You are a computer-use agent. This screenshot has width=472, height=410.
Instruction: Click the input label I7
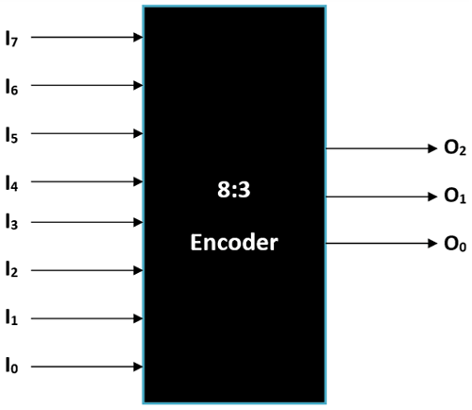[10, 39]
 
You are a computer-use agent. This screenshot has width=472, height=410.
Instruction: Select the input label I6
[10, 86]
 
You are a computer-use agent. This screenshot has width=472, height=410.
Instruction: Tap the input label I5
[10, 133]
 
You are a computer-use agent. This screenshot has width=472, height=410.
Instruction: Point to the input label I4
[10, 179]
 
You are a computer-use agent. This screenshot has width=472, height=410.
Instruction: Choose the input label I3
[10, 223]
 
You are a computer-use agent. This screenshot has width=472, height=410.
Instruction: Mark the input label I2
[10, 271]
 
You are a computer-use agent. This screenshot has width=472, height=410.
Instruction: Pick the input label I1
[10, 317]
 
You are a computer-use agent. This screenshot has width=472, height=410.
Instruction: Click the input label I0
[10, 364]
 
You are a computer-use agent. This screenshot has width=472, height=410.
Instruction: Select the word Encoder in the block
[235, 243]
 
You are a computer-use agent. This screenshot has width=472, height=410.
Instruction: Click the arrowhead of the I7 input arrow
[138, 39]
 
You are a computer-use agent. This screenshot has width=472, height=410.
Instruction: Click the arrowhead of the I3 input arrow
[138, 223]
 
